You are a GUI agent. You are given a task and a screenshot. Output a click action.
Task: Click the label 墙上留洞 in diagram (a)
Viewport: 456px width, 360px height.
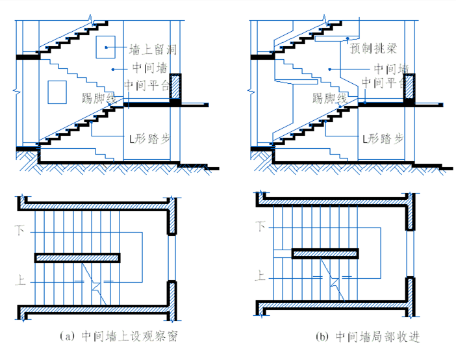click(153, 49)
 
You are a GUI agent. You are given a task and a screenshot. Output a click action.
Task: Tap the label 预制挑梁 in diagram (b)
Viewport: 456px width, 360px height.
click(373, 49)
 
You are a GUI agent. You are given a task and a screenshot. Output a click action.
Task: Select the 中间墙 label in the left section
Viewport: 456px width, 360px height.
click(149, 67)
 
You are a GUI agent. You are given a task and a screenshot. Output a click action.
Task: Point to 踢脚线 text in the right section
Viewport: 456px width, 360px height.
click(329, 98)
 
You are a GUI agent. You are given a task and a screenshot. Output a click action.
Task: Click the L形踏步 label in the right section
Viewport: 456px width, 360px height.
click(383, 139)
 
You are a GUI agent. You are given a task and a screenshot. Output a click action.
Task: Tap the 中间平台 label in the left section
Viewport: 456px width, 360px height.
click(146, 84)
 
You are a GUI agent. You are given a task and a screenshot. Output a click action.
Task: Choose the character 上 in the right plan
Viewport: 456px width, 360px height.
click(262, 276)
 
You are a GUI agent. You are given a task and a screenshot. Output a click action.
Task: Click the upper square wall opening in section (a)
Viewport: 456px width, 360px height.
click(105, 47)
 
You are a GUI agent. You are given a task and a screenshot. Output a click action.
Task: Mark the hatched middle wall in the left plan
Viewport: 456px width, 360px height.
click(77, 258)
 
